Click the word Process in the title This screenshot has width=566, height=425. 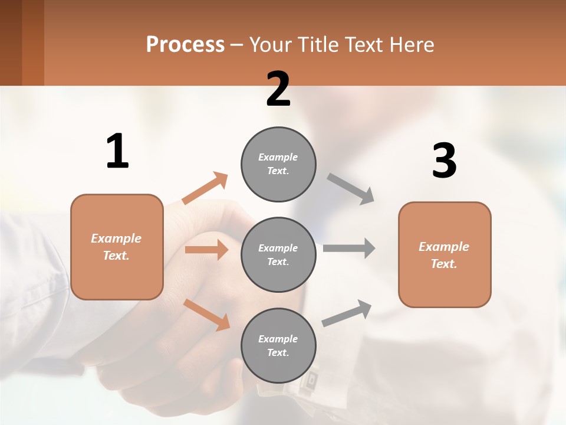[x=185, y=44]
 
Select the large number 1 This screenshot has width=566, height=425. [x=117, y=151]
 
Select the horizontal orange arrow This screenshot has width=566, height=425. [x=206, y=250]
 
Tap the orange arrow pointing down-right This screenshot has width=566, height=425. [x=207, y=314]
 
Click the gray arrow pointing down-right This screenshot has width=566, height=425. [x=351, y=189]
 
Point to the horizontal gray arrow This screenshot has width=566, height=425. [x=348, y=248]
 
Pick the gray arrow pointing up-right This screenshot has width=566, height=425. [x=347, y=313]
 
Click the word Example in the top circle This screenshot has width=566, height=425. [x=278, y=157]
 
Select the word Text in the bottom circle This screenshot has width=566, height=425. [x=277, y=352]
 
